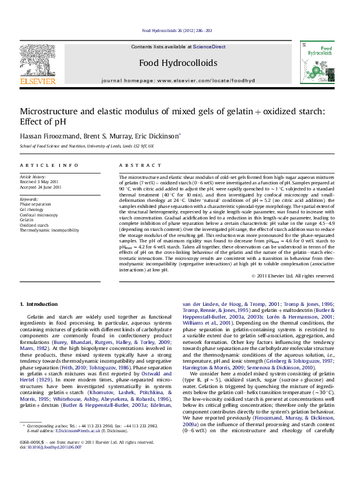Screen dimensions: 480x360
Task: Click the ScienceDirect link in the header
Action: coord(209,47)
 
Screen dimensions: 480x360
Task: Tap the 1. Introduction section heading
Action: coord(39,303)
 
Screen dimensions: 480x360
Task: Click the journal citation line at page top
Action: coord(177,30)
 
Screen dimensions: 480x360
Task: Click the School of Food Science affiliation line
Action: coord(87,146)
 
